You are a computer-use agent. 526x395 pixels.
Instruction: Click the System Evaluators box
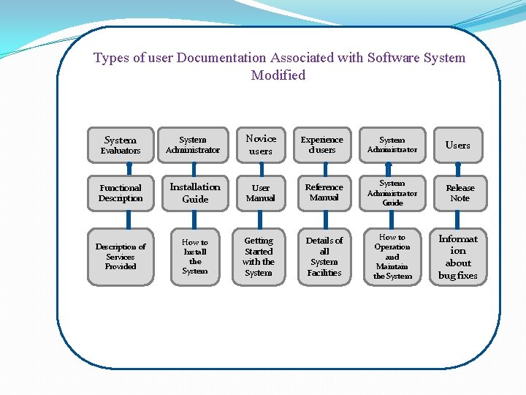coord(121,145)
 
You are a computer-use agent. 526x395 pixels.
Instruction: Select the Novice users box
coord(261,145)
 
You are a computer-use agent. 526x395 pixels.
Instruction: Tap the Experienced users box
coord(322,145)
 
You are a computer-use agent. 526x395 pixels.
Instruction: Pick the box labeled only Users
coord(458,145)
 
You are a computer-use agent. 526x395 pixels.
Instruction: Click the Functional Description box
coord(121,193)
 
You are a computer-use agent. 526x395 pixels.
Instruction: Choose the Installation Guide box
coord(195,193)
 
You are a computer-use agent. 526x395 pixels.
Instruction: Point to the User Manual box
coord(261,193)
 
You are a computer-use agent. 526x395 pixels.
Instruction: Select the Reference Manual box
coord(324,192)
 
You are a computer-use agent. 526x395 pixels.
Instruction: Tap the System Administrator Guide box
coord(392,193)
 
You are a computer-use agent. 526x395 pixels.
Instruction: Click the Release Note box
coord(460,193)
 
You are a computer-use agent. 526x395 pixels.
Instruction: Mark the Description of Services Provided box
coord(121,257)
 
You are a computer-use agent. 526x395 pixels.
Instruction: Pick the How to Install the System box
coord(195,257)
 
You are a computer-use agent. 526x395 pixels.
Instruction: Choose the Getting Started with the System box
coord(259,257)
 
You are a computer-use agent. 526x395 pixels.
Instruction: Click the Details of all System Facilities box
coord(324,257)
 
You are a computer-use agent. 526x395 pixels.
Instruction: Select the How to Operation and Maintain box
coord(392,257)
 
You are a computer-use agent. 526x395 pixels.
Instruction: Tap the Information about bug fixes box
coord(458,257)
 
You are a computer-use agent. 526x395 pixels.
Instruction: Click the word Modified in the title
coord(278,75)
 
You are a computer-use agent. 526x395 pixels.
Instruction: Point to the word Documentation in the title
coord(221,58)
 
